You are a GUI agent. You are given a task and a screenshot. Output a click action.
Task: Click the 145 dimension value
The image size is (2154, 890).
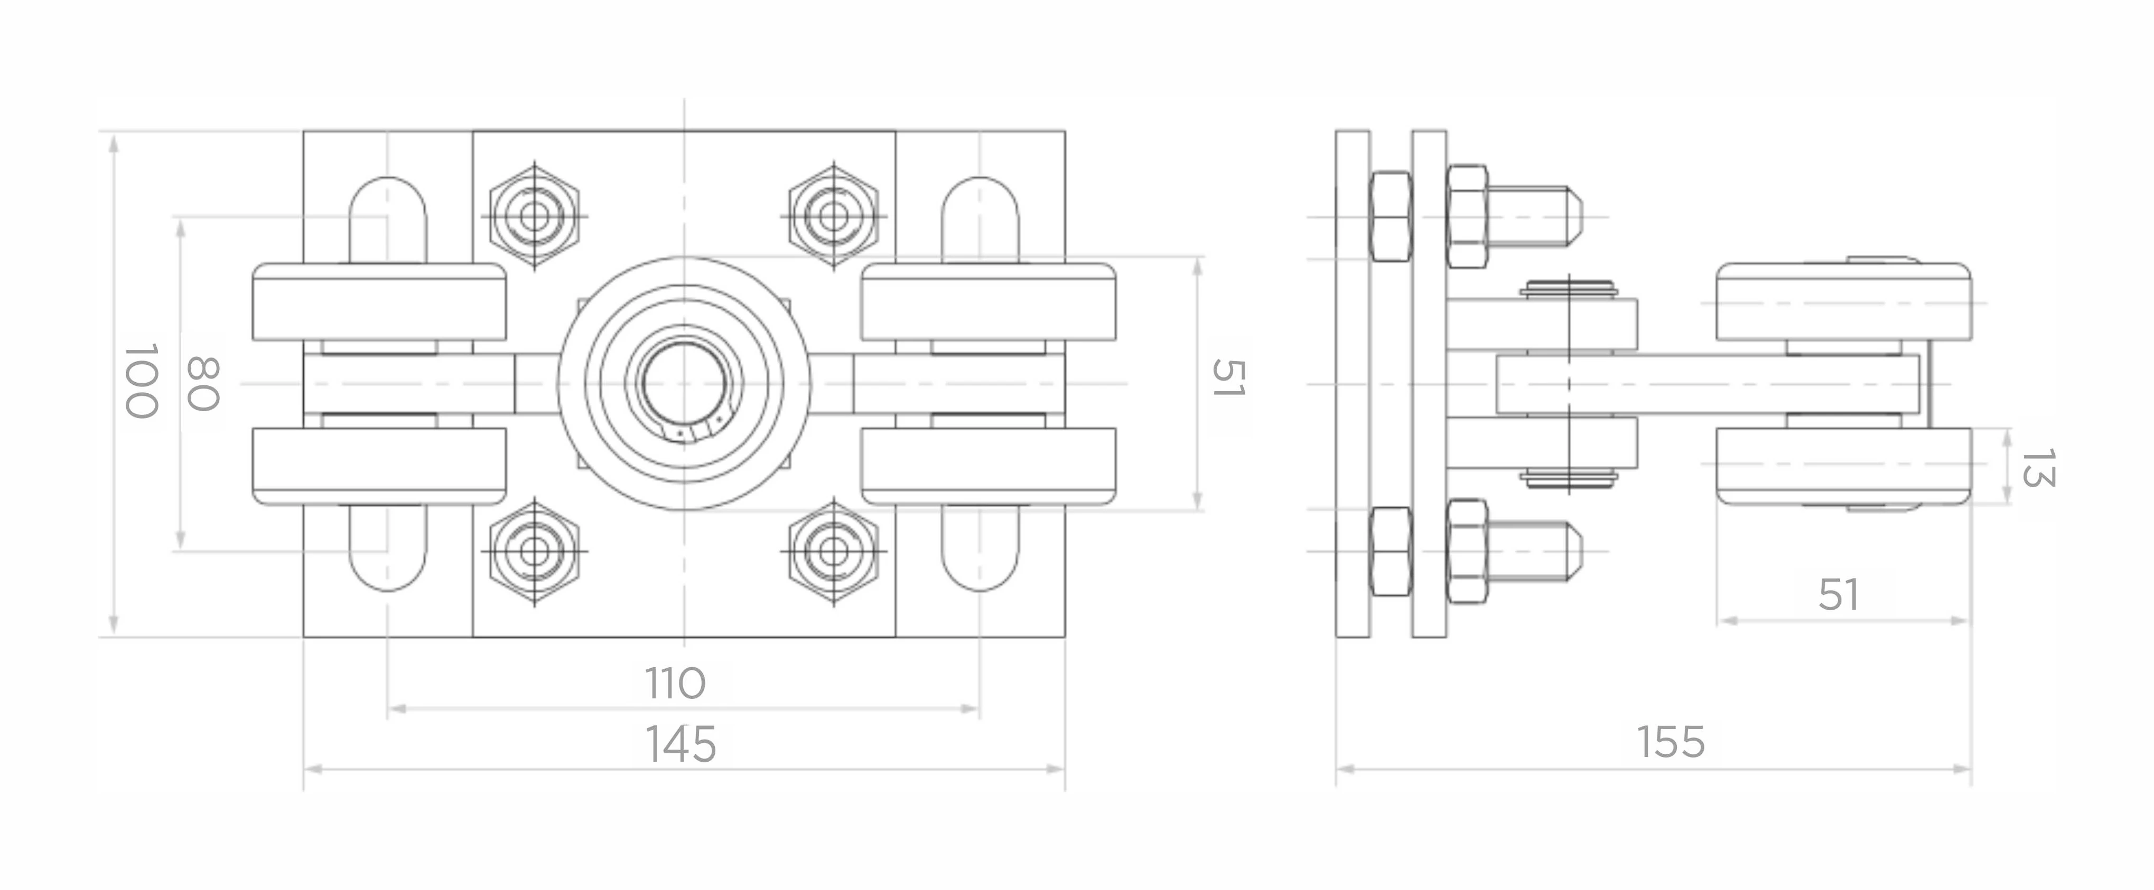coord(680,744)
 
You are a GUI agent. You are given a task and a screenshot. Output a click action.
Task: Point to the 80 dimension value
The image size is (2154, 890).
coord(202,384)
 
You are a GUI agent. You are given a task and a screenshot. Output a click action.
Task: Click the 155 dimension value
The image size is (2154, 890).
coord(1670,742)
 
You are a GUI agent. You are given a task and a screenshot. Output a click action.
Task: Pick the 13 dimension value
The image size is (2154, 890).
coord(2037,468)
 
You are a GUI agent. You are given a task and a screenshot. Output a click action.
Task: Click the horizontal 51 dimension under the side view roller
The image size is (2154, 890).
coord(1839,595)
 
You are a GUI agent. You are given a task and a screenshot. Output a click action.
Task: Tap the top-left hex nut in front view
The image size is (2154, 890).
coord(534,215)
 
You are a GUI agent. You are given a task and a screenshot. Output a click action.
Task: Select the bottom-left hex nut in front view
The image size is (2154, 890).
coord(534,552)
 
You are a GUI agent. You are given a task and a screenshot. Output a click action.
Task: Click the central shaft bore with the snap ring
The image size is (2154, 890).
coord(684,384)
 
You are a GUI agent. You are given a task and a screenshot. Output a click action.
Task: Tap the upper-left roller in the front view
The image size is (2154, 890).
coord(379,302)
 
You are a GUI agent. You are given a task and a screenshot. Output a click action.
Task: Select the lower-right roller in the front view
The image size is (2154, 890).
coord(989,466)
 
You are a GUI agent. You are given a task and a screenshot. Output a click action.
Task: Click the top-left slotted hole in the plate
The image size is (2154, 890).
coord(387,220)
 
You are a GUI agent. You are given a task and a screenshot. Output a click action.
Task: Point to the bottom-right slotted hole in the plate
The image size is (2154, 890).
coord(980,548)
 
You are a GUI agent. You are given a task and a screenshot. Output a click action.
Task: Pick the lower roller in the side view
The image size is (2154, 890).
coord(1844,466)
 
